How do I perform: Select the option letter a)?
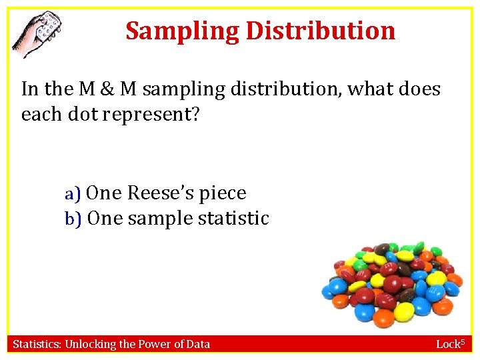(x=73, y=194)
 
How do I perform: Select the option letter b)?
(x=73, y=219)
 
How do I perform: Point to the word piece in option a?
(x=223, y=194)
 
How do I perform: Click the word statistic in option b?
(x=234, y=219)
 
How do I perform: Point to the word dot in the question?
(x=79, y=114)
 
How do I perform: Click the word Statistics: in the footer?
(x=39, y=345)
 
